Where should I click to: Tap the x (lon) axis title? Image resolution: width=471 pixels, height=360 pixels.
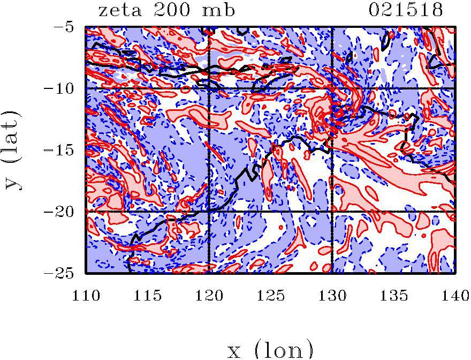[x=270, y=349]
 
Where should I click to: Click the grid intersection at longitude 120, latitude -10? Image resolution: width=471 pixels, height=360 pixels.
[x=209, y=88]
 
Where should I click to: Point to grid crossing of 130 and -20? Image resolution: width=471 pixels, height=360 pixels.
[x=332, y=212]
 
